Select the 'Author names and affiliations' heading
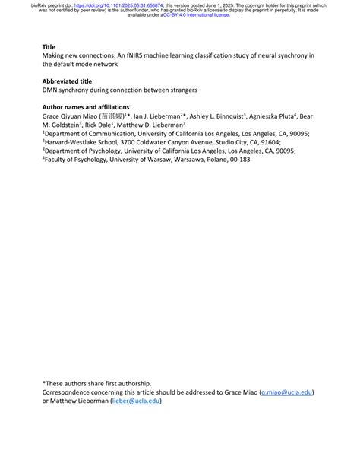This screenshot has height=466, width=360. pos(86,107)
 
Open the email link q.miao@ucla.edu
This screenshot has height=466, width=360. pos(287,393)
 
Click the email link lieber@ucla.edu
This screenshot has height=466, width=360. pos(136,401)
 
